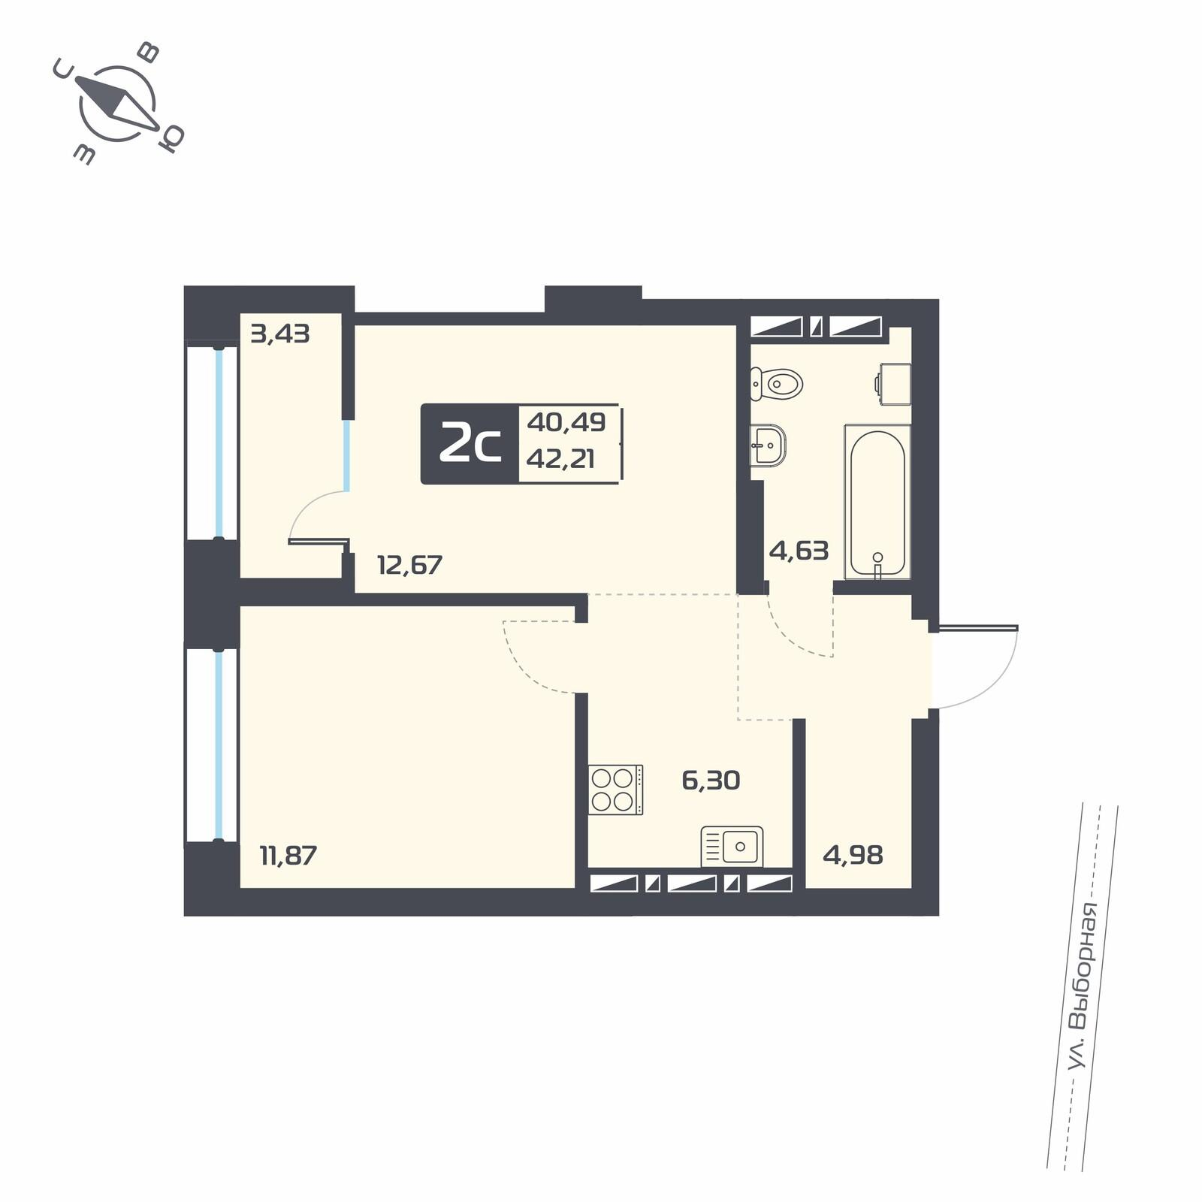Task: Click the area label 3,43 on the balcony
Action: pos(280,333)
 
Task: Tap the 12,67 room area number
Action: pos(409,564)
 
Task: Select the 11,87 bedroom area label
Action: pos(288,855)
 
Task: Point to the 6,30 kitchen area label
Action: pos(711,781)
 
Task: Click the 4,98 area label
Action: pos(853,855)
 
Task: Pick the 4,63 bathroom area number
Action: pos(799,551)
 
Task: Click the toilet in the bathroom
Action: pos(777,384)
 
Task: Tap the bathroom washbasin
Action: pos(769,445)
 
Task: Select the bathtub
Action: pos(877,501)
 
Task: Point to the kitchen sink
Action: pos(732,847)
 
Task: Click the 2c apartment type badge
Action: pos(470,444)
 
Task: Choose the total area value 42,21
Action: pos(560,458)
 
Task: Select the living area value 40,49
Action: pos(566,422)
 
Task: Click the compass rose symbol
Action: pos(117,104)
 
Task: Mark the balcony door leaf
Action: pos(319,539)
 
